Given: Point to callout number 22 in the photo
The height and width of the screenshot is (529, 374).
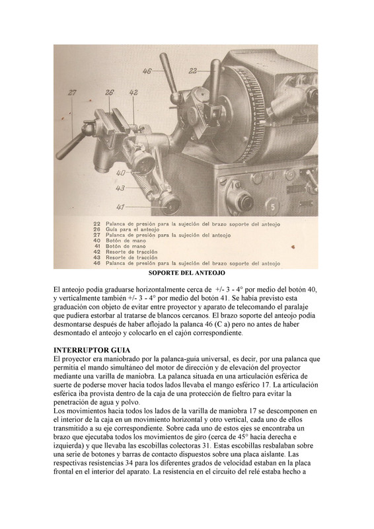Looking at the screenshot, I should pyautogui.click(x=193, y=70).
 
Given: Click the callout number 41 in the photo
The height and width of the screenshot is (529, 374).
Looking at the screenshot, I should pyautogui.click(x=121, y=206).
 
